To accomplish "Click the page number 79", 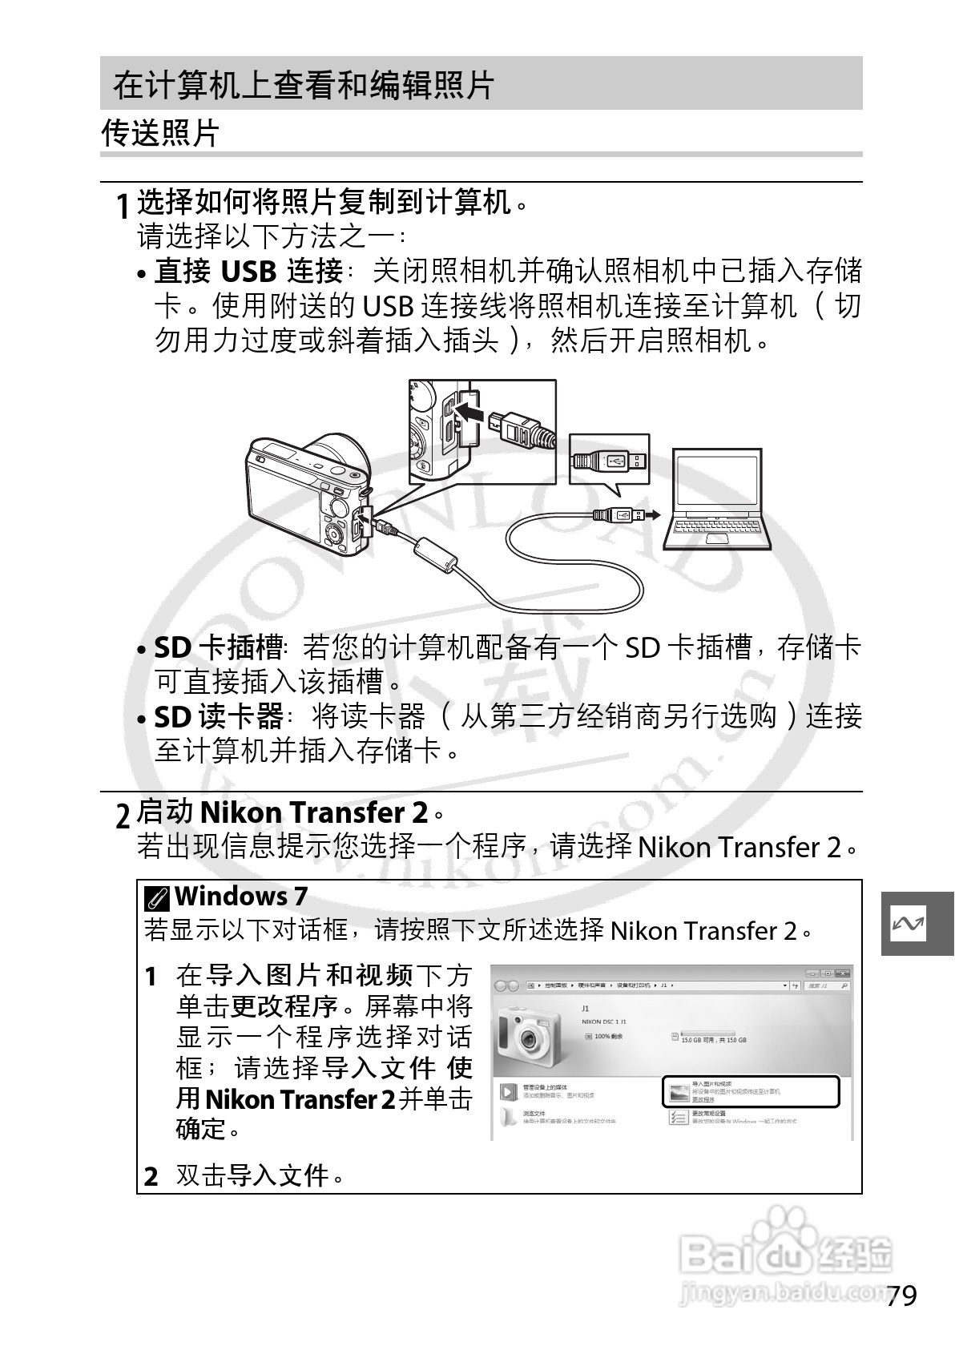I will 901,1296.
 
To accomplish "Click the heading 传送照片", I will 160,133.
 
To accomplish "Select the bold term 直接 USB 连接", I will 248,272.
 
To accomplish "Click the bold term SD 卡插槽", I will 218,647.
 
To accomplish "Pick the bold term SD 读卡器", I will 218,715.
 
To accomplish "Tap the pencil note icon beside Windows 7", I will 157,898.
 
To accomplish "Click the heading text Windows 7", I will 241,896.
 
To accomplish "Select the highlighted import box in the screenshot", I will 751,1091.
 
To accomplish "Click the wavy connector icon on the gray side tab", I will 908,924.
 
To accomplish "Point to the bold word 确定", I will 201,1130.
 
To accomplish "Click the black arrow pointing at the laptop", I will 653,514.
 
